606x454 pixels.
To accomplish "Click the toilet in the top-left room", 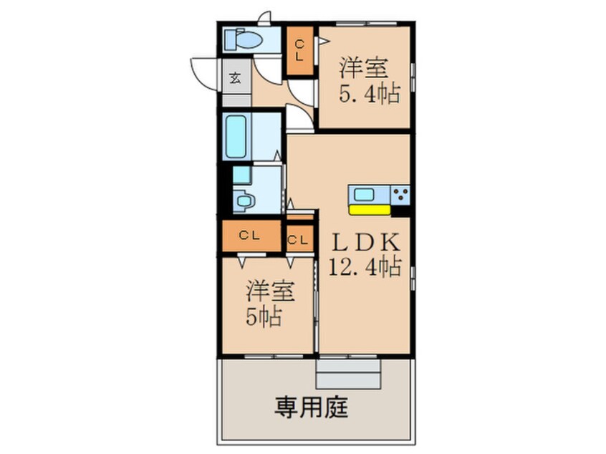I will coord(243,39).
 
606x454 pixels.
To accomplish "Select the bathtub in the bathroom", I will coord(236,135).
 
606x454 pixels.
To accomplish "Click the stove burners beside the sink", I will coord(400,193).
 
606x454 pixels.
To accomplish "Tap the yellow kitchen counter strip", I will coord(369,210).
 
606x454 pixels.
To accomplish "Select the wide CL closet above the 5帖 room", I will coord(249,236).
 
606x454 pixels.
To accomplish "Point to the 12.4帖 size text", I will coord(363,266).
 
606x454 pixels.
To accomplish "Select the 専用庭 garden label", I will coord(312,408).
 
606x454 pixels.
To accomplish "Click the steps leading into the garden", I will coord(348,374).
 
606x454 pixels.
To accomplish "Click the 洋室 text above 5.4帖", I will coord(363,69).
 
